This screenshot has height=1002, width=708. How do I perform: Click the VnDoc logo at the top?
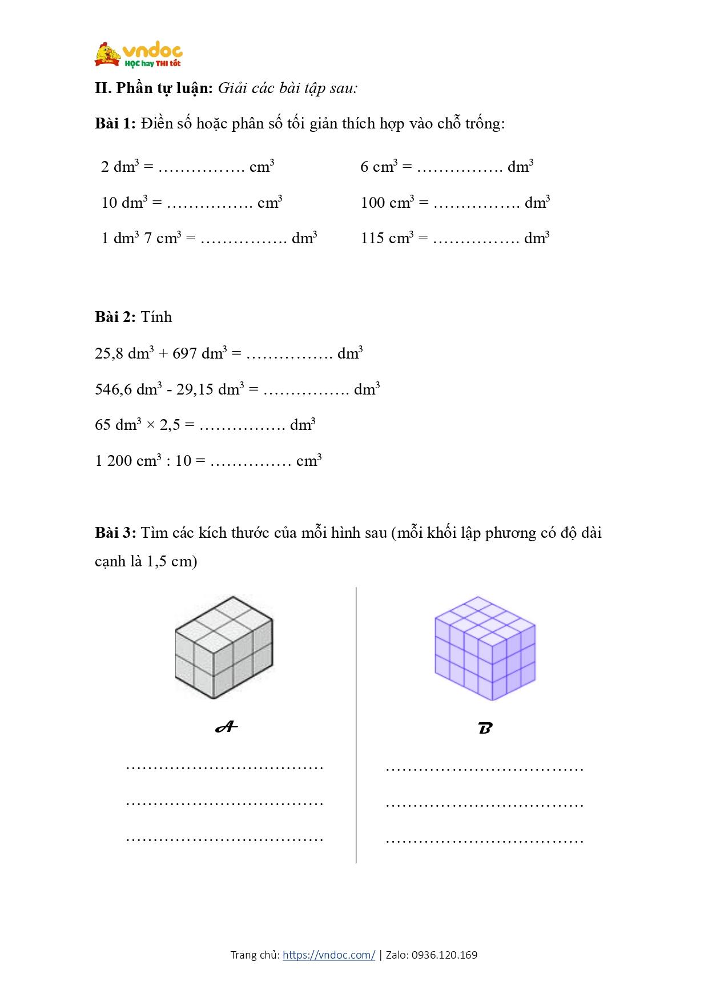coord(138,55)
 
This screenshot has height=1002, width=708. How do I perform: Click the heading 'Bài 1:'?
coord(115,123)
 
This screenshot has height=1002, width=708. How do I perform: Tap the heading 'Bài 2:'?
coord(115,317)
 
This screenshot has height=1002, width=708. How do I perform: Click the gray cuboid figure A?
coord(224,647)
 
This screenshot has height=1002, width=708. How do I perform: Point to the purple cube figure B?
coord(485,647)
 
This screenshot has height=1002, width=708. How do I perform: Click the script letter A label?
coord(226,727)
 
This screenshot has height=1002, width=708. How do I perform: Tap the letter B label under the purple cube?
coord(485,728)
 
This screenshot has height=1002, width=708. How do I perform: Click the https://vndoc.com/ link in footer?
coord(329,955)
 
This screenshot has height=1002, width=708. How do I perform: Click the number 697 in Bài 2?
coord(184,353)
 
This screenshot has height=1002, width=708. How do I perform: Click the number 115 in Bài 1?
coord(372,238)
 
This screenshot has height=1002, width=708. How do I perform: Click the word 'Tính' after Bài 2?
coord(156,317)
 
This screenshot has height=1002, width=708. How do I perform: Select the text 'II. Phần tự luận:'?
coord(154,88)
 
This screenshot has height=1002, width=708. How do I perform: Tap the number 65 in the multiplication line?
coord(103,425)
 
